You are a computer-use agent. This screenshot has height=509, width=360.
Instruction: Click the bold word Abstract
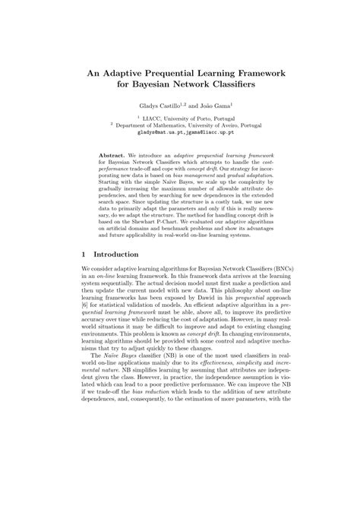tap(114, 153)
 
